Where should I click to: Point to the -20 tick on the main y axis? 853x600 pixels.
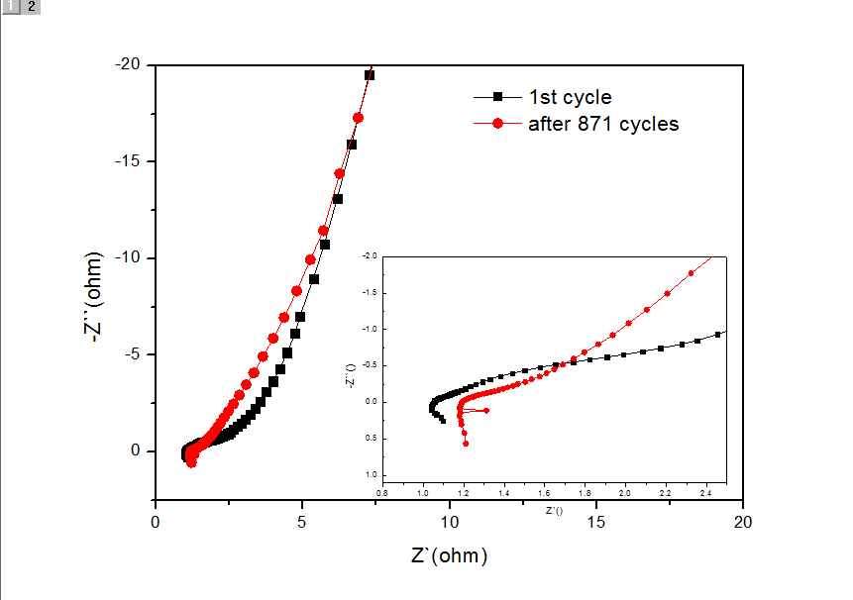point(130,65)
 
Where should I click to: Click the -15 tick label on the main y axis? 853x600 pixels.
point(130,161)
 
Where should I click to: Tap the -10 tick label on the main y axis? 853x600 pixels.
point(130,258)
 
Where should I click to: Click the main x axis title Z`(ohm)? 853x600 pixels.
point(449,555)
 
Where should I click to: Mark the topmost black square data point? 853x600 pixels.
point(370,75)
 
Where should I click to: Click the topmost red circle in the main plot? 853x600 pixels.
point(359,118)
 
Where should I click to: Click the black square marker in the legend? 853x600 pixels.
point(498,96)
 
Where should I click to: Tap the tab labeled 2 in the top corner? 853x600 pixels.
point(31,6)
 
